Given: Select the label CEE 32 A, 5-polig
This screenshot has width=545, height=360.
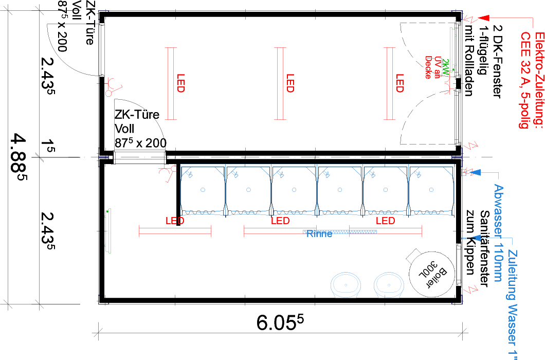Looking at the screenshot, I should [x=525, y=80].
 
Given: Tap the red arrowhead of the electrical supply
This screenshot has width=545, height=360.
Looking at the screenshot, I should [x=483, y=19].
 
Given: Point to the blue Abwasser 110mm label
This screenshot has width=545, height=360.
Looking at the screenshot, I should [x=498, y=233].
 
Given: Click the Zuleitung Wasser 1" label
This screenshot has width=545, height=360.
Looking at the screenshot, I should [x=512, y=303].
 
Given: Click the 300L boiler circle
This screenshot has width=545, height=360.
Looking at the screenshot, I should [x=432, y=274].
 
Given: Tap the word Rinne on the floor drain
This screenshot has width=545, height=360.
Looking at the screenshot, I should [x=319, y=234].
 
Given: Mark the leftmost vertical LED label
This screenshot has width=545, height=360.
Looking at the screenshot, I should [x=180, y=83].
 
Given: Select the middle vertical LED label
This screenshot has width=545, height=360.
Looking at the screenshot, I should [x=290, y=83].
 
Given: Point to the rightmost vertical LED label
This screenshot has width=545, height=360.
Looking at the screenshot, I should [x=399, y=83].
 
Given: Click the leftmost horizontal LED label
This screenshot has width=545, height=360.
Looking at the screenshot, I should [x=175, y=221].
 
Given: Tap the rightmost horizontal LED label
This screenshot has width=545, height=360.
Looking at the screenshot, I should [x=385, y=221].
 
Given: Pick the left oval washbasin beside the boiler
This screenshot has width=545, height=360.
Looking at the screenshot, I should [x=346, y=285].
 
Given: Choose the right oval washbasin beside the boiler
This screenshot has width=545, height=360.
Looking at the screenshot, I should [x=389, y=285].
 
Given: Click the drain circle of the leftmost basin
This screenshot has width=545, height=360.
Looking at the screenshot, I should [x=203, y=189].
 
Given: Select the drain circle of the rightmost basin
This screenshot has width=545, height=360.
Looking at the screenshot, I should [x=431, y=189].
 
